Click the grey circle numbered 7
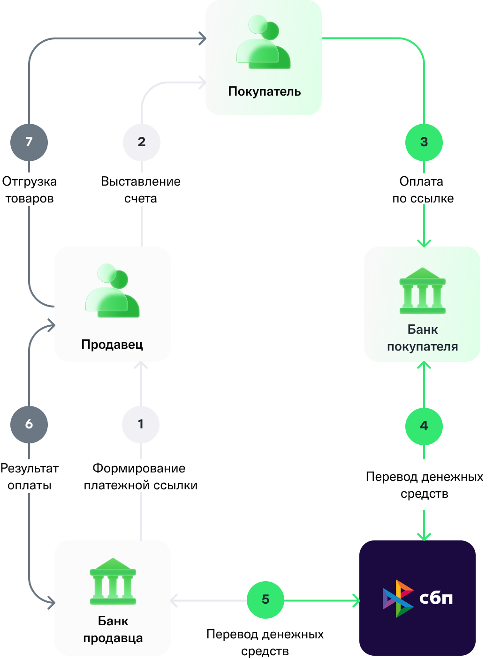tap(29, 142)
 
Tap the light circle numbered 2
tap(142, 142)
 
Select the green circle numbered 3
tap(424, 142)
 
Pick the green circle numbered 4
tap(424, 426)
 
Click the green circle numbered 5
tap(265, 599)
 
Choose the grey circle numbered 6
tap(29, 424)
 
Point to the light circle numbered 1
tap(141, 424)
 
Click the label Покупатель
tap(264, 91)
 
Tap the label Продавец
tap(112, 344)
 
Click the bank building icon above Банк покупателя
tap(422, 291)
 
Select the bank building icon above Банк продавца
tap(113, 581)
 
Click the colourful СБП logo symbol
tap(398, 599)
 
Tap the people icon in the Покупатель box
tap(264, 42)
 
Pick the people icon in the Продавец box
tap(112, 290)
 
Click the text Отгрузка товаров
tap(30, 190)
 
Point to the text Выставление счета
tap(141, 190)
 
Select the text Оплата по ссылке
tap(423, 190)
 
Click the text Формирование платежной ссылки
tap(141, 477)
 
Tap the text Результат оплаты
tap(30, 477)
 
